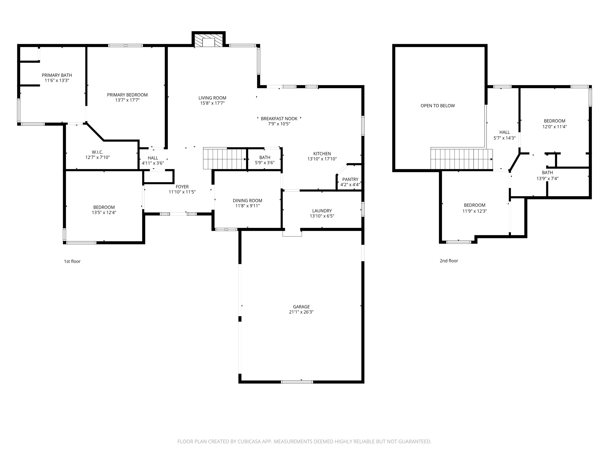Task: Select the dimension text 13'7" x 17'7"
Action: (x=127, y=100)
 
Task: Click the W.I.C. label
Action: (x=97, y=152)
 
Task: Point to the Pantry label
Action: (x=350, y=179)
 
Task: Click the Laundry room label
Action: (x=322, y=211)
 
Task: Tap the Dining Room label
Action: (x=247, y=201)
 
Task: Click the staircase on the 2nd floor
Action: (x=461, y=159)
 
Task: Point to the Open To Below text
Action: (x=438, y=106)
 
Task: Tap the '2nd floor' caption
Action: (x=449, y=261)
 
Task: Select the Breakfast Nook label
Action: (x=279, y=119)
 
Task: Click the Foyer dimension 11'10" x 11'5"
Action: (x=182, y=192)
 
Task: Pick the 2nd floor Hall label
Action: (x=504, y=132)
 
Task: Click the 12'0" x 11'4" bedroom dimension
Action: (x=554, y=127)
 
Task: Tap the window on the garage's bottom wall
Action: (x=297, y=382)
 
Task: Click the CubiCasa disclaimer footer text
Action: (x=304, y=442)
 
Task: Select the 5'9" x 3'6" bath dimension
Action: (x=265, y=163)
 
